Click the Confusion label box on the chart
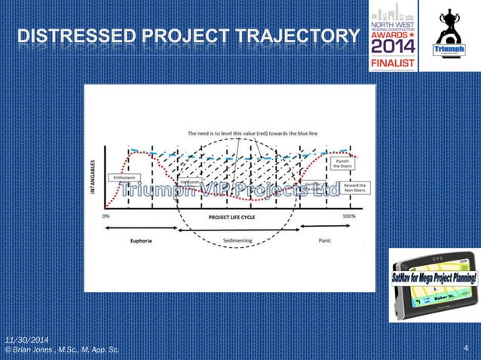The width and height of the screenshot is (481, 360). tap(191, 182)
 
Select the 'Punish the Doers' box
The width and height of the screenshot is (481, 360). tap(341, 163)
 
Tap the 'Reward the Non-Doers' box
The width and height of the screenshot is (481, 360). tap(352, 188)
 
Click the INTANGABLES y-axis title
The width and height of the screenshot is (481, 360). tap(93, 175)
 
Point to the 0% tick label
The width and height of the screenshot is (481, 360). tap(106, 216)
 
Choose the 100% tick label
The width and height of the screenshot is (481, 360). tap(349, 216)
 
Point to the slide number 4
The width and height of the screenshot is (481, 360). tap(467, 348)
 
